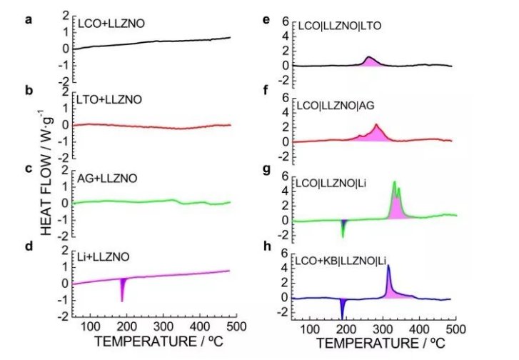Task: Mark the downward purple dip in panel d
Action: [x=123, y=289]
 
